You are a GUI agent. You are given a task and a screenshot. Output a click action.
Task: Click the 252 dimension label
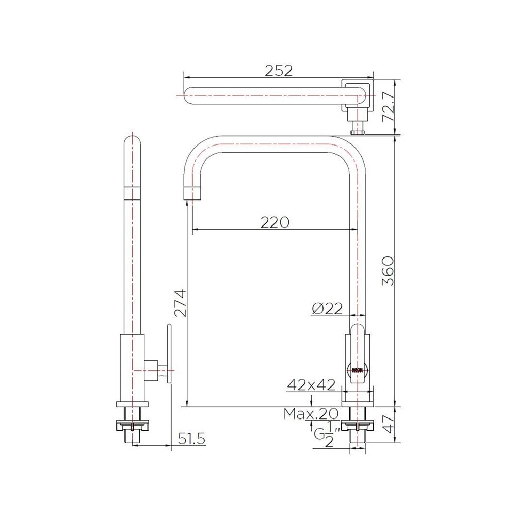[279, 71]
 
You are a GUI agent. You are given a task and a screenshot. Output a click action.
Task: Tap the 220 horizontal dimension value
[275, 222]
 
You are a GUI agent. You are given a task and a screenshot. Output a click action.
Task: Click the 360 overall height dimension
[388, 271]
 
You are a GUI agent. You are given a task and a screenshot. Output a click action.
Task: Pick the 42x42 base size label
[311, 384]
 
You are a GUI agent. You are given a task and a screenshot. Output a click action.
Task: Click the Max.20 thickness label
[311, 413]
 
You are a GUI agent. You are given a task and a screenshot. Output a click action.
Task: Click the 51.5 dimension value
[192, 439]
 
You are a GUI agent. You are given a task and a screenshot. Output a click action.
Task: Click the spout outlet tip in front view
[192, 192]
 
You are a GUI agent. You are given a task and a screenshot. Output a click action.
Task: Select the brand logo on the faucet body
[357, 370]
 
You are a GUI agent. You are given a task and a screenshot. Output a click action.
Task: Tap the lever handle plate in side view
[168, 354]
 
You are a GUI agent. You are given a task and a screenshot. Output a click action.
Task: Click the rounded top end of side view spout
[133, 140]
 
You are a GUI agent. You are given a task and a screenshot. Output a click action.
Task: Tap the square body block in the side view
[133, 367]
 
